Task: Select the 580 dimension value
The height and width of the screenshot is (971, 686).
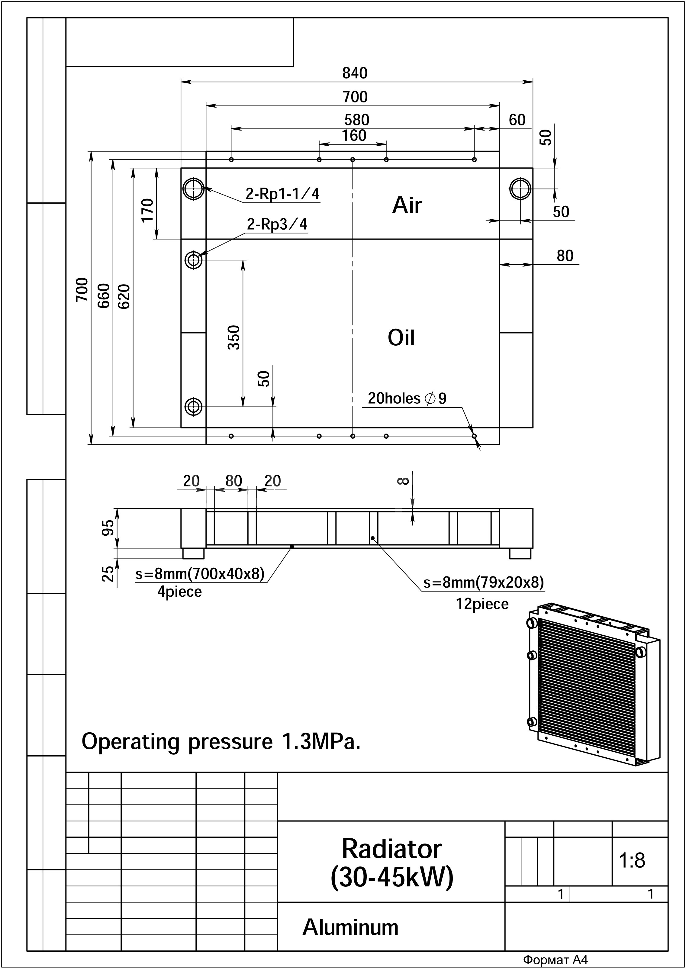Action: (356, 120)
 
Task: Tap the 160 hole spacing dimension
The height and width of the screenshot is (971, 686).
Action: (354, 135)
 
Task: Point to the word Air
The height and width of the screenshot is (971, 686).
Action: (407, 205)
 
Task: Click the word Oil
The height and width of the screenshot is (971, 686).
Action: (401, 337)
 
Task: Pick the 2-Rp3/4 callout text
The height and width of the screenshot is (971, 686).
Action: (277, 224)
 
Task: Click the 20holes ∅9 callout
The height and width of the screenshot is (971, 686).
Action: (407, 398)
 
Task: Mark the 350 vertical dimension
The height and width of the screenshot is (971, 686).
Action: (234, 337)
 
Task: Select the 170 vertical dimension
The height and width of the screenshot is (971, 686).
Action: (147, 210)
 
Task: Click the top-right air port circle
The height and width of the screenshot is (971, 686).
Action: (520, 189)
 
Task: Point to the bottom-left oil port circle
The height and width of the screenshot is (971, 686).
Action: (194, 407)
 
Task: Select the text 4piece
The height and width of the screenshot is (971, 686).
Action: (179, 591)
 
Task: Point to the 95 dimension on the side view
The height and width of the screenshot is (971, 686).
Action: (108, 528)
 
